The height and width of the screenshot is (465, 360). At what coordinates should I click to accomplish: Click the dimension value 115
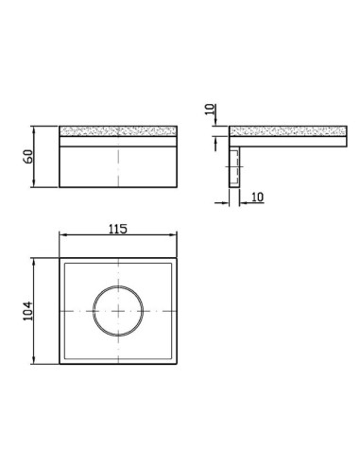(118, 229)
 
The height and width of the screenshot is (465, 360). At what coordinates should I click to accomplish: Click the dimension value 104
(27, 311)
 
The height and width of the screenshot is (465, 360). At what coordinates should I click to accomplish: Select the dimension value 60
(28, 157)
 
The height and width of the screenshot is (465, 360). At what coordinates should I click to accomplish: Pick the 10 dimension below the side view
(257, 198)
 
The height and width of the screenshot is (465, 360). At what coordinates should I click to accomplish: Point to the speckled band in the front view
(118, 131)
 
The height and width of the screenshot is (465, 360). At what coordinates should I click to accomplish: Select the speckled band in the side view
(288, 131)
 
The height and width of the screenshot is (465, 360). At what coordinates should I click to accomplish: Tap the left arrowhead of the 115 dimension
(62, 234)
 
